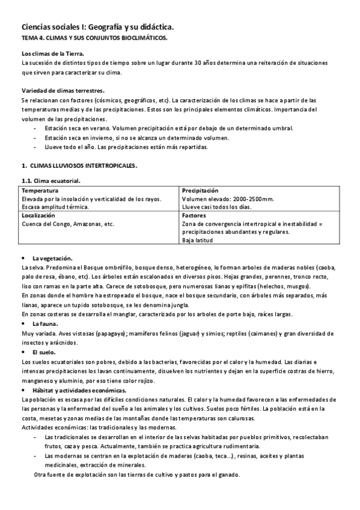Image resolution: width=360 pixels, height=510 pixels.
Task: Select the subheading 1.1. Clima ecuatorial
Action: (50, 180)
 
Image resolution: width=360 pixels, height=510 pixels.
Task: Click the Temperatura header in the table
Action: (40, 191)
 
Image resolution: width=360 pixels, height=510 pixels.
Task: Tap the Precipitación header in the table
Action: (201, 191)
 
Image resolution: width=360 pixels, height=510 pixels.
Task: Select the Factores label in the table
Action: (194, 215)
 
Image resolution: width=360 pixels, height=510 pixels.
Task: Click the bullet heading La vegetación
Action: (52, 257)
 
